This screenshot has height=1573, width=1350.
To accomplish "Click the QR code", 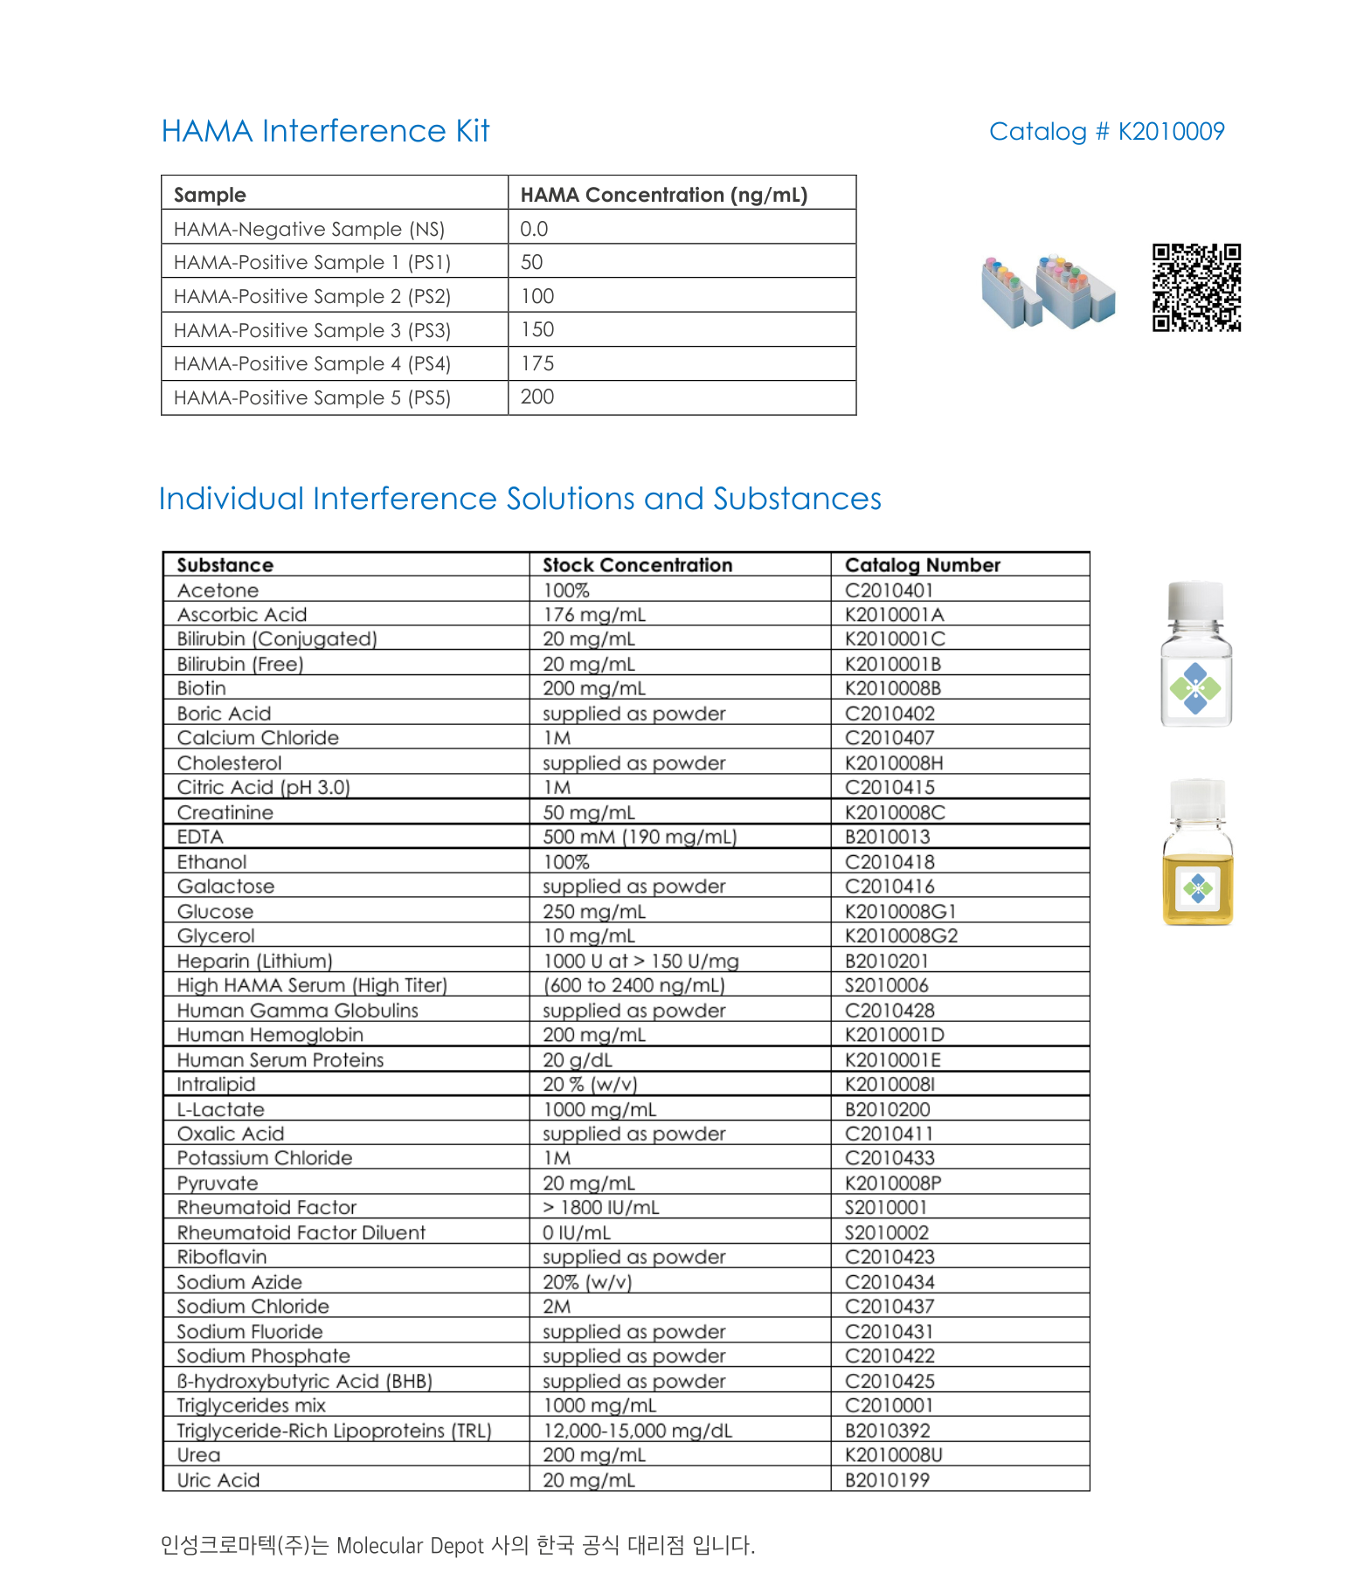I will point(1196,287).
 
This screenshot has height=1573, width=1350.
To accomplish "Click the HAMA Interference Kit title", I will point(325,131).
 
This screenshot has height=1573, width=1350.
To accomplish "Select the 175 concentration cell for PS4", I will point(537,363).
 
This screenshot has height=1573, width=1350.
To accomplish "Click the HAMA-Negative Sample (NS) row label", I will point(308,229).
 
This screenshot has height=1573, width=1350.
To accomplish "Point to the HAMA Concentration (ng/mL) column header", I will point(663,195).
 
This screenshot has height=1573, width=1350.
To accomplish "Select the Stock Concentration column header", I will point(637,565).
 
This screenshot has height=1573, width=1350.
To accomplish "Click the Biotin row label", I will point(201,688).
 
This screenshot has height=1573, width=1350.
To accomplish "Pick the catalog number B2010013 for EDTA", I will point(887,837).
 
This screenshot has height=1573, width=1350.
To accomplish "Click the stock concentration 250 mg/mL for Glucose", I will point(594,911).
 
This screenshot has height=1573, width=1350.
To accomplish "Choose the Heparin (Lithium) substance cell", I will point(254,961).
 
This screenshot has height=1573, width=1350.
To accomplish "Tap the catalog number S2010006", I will point(886,985).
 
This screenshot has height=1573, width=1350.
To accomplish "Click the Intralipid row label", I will point(216,1084).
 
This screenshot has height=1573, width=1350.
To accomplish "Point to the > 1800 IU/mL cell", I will point(600,1207).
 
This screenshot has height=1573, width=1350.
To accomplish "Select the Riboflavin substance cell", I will point(221,1257).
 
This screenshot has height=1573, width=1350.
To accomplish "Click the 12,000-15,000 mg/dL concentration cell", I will point(637,1430).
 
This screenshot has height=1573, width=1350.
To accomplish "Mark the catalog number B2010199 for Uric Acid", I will point(887,1480).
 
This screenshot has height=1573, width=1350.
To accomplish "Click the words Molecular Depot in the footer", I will point(409,1545).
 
